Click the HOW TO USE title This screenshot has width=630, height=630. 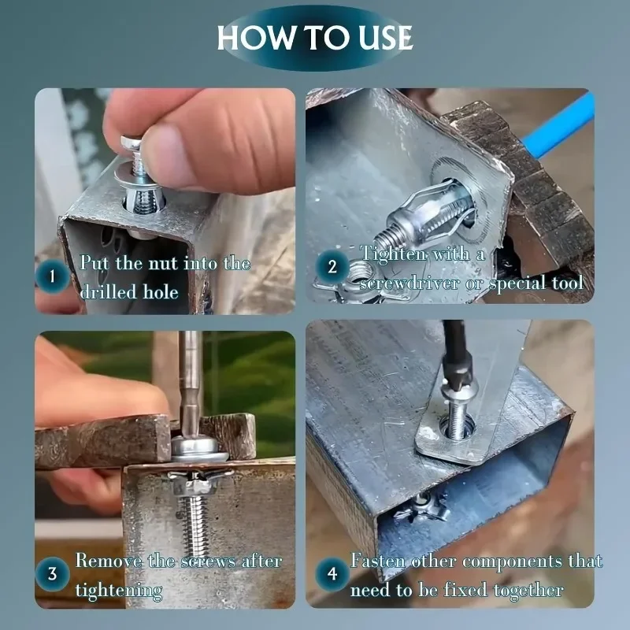point(314,38)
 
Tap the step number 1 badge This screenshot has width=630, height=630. point(52,276)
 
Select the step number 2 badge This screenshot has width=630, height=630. point(332,267)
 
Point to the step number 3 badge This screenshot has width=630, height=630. point(52,574)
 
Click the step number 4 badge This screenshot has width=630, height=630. point(332,574)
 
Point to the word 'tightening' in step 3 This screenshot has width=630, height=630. point(119,589)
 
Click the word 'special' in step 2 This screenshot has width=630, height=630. point(517,283)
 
